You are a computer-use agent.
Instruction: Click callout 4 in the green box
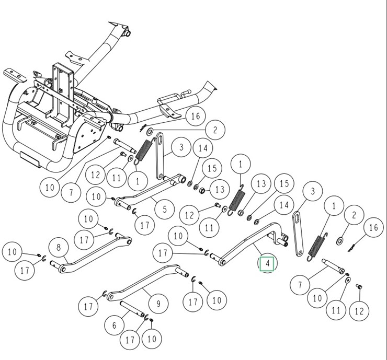[x=267, y=264]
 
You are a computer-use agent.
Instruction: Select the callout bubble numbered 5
[x=165, y=210]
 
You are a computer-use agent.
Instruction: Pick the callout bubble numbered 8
[x=59, y=247]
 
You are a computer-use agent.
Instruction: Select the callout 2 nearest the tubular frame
[x=214, y=130]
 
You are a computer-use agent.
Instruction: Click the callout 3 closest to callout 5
[x=181, y=147]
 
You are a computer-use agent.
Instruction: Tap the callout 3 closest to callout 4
[x=313, y=191]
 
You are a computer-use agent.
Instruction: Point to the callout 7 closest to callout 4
[x=300, y=285]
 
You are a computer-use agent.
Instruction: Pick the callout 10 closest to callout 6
[x=151, y=339]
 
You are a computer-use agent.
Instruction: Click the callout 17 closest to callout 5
[x=144, y=225]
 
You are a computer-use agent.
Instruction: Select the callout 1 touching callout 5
[x=138, y=181]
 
